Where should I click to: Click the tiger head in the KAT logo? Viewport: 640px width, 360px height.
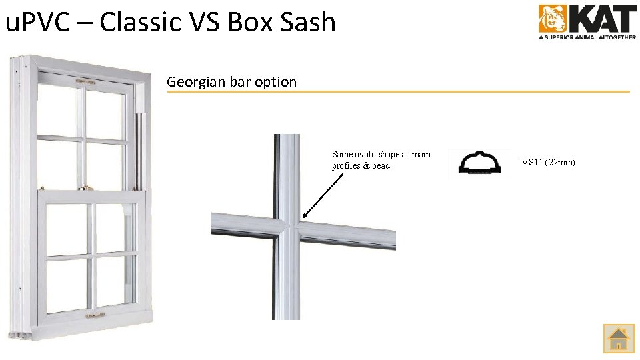pos(553,19)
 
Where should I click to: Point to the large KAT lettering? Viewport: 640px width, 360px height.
pos(601,18)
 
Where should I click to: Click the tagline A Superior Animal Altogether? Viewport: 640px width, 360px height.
pos(588,38)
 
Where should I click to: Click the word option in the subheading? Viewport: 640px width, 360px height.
pos(275,82)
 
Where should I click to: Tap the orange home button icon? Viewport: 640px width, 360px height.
pos(619,338)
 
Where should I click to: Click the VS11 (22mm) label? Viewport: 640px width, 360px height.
pos(548,162)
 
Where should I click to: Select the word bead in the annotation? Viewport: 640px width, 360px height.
pos(381,166)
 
